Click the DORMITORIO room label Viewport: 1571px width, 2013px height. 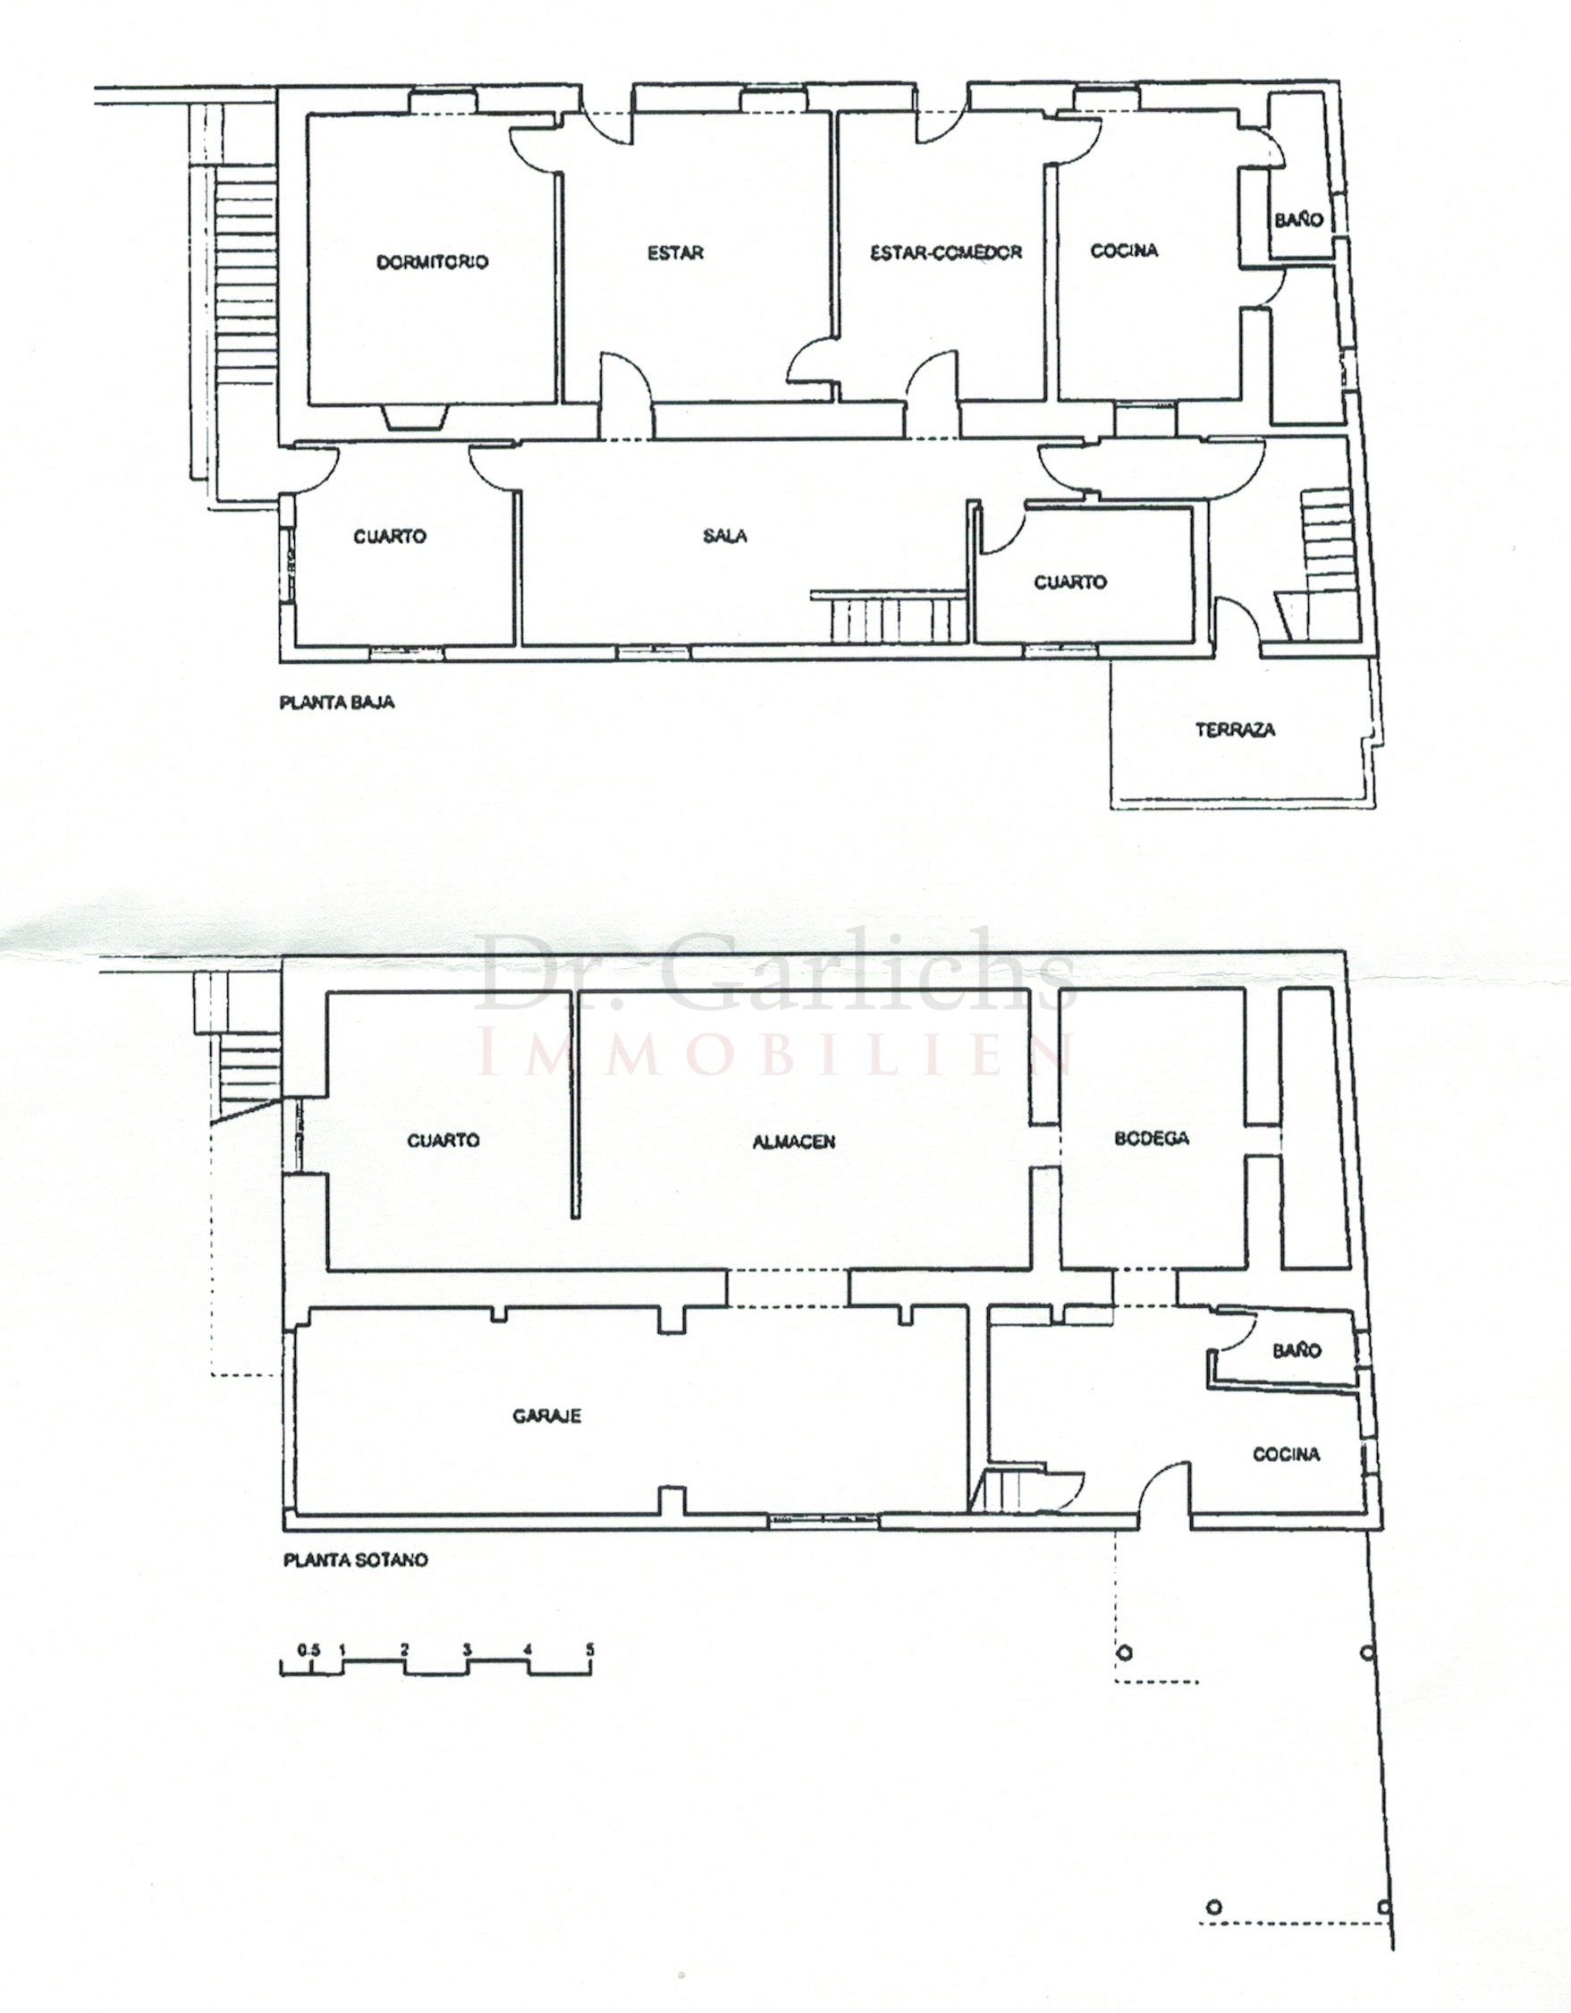432,262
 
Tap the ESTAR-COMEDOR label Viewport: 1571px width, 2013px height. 946,251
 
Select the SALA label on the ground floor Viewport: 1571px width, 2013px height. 725,536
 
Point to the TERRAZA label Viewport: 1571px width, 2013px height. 1236,729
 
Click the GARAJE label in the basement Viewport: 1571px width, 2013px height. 547,1414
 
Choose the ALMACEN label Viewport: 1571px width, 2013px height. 794,1141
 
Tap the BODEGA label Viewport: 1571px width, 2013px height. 1152,1138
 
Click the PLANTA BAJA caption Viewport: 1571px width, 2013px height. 337,702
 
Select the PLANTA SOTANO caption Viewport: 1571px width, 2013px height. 356,1560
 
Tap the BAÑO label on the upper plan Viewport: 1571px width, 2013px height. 1299,219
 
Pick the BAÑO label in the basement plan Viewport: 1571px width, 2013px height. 1296,1350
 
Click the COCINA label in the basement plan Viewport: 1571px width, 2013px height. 1287,1454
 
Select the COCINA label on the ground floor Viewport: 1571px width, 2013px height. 1124,250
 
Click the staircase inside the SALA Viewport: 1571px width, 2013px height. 889,616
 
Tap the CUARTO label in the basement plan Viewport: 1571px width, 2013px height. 443,1140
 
